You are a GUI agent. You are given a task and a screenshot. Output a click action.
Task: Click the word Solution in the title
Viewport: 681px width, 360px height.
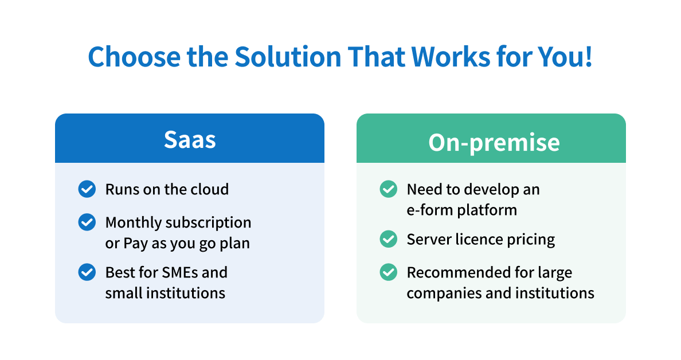(x=288, y=56)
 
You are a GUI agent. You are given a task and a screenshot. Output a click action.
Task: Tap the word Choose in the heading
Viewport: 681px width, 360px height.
(x=134, y=57)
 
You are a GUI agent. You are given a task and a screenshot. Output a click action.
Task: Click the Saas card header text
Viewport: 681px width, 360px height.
(x=190, y=140)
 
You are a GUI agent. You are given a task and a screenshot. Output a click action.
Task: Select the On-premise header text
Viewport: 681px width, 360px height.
(x=494, y=142)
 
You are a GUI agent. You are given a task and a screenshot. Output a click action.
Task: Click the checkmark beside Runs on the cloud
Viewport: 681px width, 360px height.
(x=87, y=189)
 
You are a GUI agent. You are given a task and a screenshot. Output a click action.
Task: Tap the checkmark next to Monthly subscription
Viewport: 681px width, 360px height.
(x=87, y=222)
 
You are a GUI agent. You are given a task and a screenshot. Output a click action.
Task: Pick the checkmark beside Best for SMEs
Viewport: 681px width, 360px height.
(x=87, y=272)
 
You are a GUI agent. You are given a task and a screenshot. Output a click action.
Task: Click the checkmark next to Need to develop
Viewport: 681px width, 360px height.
(x=388, y=189)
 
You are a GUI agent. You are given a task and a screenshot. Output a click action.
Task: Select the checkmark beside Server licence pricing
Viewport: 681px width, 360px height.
(x=388, y=239)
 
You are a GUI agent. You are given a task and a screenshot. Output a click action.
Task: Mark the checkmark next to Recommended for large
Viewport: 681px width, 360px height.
(x=388, y=272)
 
